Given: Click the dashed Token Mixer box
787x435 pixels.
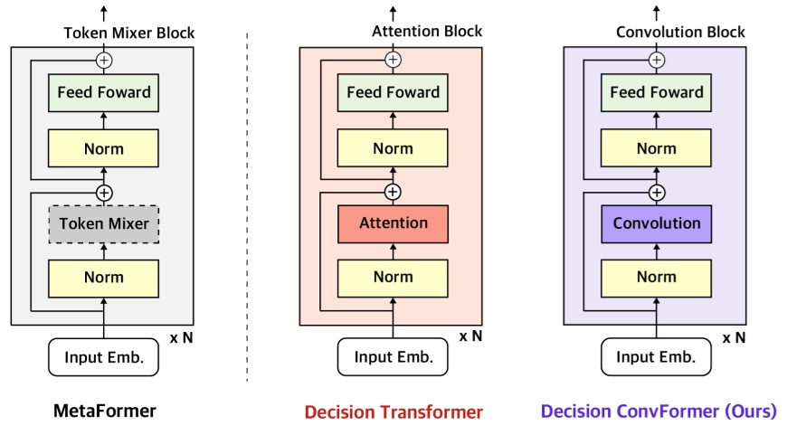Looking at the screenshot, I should tap(104, 223).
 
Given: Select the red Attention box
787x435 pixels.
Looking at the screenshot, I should tap(393, 223).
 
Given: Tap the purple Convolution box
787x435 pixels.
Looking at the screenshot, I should tap(657, 223).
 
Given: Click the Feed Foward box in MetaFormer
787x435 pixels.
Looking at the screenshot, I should tap(104, 92).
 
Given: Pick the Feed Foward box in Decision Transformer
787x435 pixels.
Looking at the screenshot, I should tap(393, 92).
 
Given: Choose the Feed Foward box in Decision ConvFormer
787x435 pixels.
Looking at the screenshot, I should tap(657, 92).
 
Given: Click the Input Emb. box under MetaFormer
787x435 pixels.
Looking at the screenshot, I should tap(104, 357).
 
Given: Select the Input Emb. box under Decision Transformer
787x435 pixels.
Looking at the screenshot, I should tap(393, 357).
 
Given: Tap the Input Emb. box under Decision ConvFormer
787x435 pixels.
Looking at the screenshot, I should tap(657, 357).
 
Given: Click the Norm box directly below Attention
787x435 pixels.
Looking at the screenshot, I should tap(393, 278).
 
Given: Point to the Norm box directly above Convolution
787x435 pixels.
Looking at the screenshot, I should tap(657, 147).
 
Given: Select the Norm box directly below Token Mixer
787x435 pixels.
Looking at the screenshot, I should tap(104, 278).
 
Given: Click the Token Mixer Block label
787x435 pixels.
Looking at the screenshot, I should tap(128, 33).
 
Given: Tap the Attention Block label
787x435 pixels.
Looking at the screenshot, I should tap(427, 32).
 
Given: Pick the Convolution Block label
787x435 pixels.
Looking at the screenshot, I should tap(680, 33).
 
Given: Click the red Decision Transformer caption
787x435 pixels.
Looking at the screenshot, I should tap(393, 412).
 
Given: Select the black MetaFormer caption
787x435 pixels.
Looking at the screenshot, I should tap(103, 411).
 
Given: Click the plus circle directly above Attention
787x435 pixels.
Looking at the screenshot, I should tap(393, 192).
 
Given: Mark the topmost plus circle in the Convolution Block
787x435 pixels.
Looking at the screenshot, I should tap(657, 61).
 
